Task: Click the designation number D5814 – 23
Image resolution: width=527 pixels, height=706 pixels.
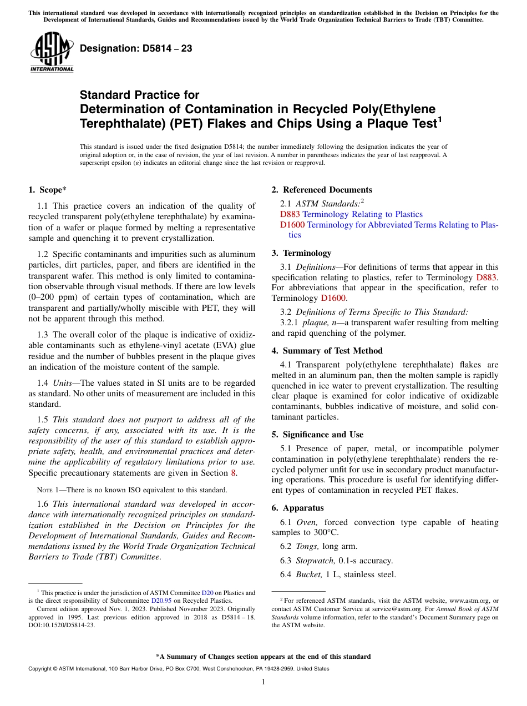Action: pyautogui.click(x=136, y=48)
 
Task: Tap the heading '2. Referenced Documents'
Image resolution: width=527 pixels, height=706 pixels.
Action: pyautogui.click(x=322, y=190)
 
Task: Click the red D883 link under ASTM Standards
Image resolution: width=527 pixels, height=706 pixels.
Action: pyautogui.click(x=290, y=214)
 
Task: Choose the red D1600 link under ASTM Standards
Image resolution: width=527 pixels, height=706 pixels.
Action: pyautogui.click(x=292, y=225)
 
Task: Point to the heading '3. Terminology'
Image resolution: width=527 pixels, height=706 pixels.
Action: pyautogui.click(x=301, y=253)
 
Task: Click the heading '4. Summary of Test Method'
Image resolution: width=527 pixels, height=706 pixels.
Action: pyautogui.click(x=327, y=351)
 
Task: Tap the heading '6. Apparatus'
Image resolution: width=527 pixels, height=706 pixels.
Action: pyautogui.click(x=298, y=508)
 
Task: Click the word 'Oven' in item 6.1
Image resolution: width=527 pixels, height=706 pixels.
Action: pyautogui.click(x=306, y=522)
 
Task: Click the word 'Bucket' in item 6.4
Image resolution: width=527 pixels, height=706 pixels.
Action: pyautogui.click(x=308, y=575)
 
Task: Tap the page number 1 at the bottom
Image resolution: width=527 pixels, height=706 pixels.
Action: pyautogui.click(x=263, y=682)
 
